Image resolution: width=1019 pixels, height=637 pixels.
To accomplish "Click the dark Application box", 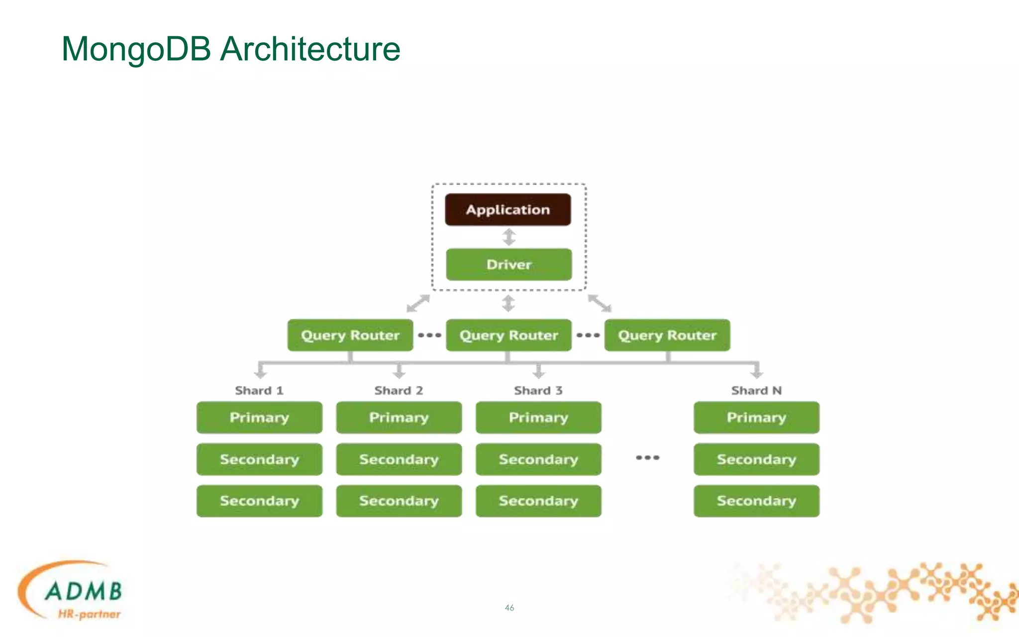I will coord(508,210).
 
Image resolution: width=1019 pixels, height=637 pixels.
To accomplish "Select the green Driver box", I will coord(509,264).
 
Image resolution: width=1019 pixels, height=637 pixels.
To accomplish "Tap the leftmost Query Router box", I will coord(350,335).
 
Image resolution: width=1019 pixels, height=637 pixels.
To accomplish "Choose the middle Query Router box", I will coord(509,335).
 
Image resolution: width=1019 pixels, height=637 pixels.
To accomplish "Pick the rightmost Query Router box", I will coord(667,335).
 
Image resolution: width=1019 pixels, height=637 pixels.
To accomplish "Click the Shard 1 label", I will coord(259,391).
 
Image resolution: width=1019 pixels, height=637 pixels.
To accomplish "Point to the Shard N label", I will coord(756,391).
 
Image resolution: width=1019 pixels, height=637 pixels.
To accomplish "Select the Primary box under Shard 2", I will coord(399,418).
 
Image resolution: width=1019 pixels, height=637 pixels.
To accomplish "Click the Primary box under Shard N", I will coord(756,418).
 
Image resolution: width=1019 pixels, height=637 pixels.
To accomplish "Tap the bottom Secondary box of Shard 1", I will coord(259,501).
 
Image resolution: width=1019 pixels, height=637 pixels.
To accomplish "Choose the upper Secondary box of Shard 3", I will coord(538,459).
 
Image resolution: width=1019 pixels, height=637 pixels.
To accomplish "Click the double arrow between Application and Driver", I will coord(509,237).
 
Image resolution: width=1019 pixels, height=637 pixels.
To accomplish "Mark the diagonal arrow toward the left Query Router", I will coord(418,303).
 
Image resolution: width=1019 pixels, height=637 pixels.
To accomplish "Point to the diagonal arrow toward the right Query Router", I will coord(600,303).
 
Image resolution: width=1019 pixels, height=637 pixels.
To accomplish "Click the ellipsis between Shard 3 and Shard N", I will coord(647,457).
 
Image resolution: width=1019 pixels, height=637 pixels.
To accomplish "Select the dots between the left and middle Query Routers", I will coord(429,335).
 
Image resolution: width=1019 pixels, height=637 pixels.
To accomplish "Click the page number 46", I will coord(509,608).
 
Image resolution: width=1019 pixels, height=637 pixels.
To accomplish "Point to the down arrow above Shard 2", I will coord(399,371).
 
